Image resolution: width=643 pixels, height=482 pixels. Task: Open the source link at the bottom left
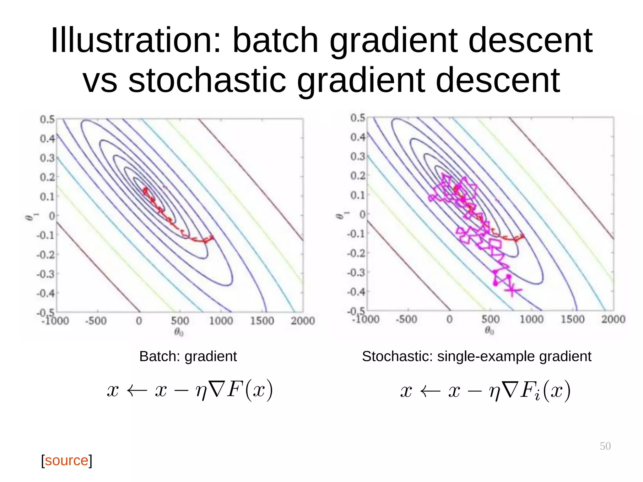pos(67,460)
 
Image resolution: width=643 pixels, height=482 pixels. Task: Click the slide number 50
pos(605,446)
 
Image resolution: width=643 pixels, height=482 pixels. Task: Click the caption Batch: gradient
pos(188,356)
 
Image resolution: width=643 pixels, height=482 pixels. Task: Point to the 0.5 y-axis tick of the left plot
pos(47,119)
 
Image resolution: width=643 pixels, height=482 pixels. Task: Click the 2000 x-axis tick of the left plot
pos(302,321)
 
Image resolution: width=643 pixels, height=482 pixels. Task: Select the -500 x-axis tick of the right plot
pos(406,319)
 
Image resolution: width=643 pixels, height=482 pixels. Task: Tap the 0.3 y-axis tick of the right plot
pos(358,156)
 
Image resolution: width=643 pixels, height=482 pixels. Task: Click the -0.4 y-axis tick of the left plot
pos(46,294)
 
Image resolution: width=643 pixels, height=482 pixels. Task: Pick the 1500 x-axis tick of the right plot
pos(572,319)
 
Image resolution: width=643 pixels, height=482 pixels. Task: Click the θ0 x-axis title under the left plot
pos(179,332)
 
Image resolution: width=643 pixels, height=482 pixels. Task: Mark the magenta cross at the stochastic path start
pos(512,290)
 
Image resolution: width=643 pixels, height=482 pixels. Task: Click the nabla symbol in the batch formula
pos(217,390)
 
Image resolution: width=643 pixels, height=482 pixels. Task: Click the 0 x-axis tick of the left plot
pos(139,321)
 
